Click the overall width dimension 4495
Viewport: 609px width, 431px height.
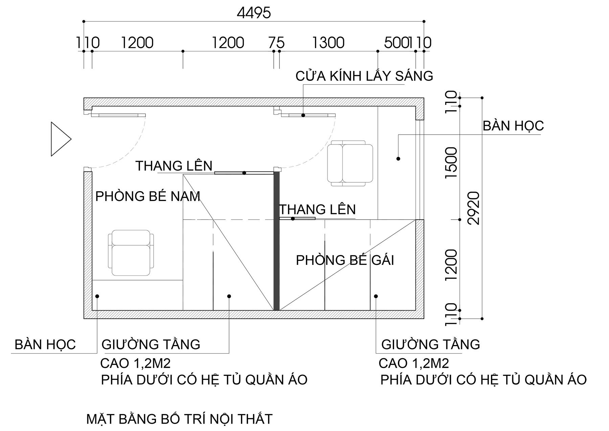click(x=254, y=13)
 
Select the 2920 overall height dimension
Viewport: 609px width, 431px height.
click(x=475, y=208)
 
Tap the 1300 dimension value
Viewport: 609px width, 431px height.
click(x=328, y=43)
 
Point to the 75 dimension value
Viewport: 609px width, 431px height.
click(x=276, y=43)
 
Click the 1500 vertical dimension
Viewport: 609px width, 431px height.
click(x=452, y=163)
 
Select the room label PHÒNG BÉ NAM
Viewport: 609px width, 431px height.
click(x=148, y=196)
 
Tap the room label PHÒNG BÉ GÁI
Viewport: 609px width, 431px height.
click(x=345, y=260)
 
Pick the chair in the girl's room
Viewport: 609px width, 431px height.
click(x=350, y=163)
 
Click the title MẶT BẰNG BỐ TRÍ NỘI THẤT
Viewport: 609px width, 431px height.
click(x=179, y=419)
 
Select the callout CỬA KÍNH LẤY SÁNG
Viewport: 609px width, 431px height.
click(x=364, y=76)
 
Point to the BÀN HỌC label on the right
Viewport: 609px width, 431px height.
click(x=513, y=126)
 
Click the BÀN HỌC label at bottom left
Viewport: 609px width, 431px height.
click(x=45, y=344)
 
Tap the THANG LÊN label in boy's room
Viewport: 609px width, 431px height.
click(x=174, y=166)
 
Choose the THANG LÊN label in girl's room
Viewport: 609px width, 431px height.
click(x=317, y=209)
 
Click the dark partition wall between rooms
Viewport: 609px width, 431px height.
click(x=276, y=241)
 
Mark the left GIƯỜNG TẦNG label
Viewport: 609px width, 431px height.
click(x=151, y=344)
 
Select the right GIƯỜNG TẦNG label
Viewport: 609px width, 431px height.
click(x=431, y=344)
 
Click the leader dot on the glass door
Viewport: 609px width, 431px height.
click(x=303, y=115)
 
